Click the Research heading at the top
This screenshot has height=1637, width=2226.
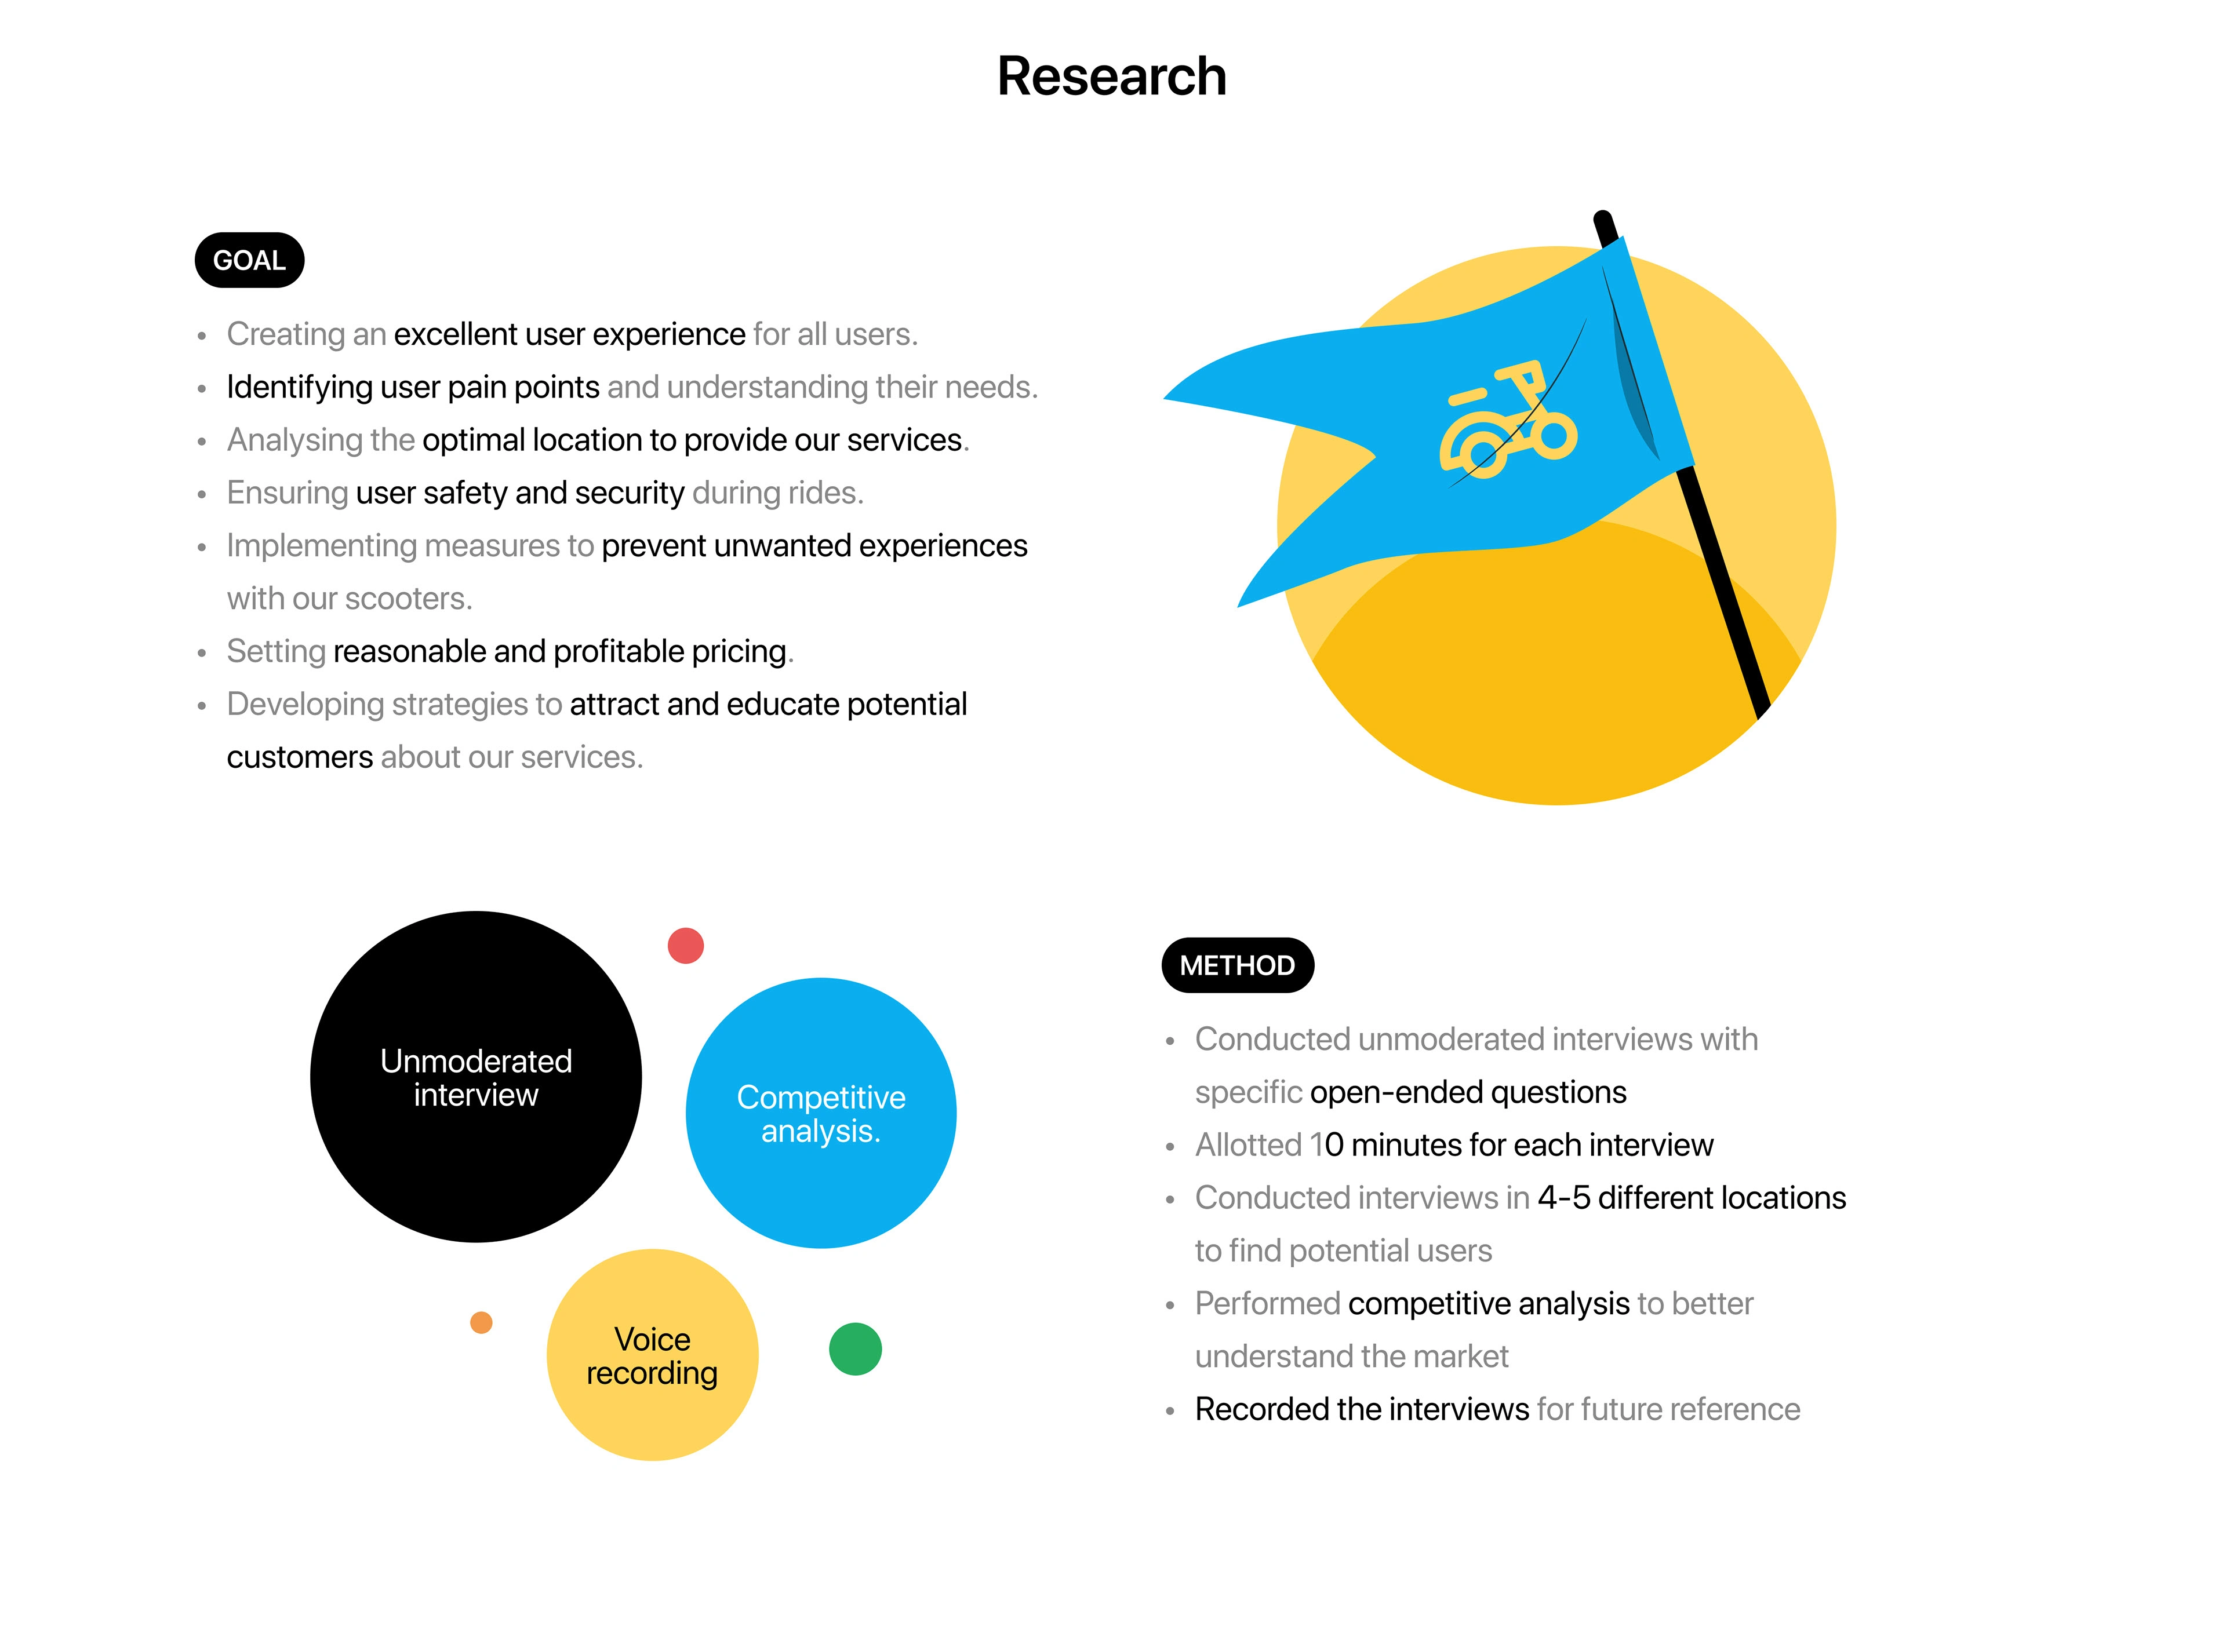(1111, 76)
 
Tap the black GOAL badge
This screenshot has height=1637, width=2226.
(249, 261)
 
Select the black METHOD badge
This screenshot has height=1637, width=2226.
(1237, 965)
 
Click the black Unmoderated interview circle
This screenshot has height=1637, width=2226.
(476, 1077)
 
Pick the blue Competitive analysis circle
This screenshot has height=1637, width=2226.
(821, 1113)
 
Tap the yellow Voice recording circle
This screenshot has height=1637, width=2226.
(652, 1355)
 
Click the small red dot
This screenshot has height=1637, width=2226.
(686, 945)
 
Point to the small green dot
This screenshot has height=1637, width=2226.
(855, 1348)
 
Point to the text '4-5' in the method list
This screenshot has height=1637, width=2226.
(1564, 1198)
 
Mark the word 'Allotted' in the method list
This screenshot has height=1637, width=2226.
(1248, 1144)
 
